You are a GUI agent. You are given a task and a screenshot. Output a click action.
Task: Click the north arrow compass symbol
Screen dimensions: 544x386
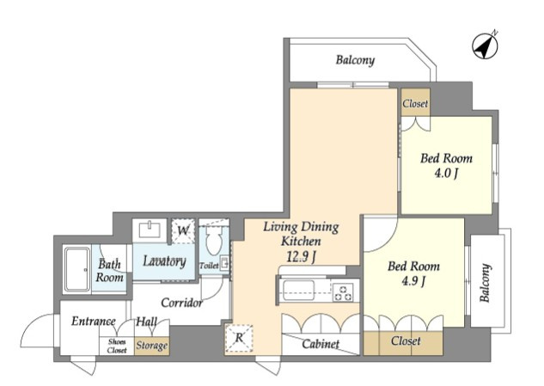485,46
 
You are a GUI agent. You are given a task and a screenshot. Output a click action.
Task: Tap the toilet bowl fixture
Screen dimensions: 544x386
214,240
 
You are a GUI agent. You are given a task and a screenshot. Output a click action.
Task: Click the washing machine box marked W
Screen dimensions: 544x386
183,231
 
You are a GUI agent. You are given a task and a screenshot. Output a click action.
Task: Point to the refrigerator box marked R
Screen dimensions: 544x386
239,339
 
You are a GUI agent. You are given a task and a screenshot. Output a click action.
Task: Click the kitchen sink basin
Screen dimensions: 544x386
299,291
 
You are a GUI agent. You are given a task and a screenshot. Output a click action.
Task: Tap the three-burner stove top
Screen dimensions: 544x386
343,292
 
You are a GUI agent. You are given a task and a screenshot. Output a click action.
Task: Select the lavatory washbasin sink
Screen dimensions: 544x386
150,230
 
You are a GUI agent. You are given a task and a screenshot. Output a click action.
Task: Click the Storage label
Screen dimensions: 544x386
151,346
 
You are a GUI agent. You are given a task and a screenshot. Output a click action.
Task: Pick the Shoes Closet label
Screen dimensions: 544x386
117,346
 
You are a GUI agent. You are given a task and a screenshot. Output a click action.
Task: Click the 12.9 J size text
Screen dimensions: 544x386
301,256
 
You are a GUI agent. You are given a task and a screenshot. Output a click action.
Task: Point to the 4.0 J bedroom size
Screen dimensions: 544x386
447,173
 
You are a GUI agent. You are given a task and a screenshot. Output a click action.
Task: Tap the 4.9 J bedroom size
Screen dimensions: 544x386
413,280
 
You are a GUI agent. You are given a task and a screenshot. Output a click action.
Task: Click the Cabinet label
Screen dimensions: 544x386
321,344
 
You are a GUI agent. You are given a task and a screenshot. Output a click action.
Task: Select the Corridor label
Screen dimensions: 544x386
182,303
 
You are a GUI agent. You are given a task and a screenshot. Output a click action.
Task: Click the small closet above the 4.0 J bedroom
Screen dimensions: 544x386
415,102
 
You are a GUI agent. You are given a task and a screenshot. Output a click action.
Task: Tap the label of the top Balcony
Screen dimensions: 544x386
355,60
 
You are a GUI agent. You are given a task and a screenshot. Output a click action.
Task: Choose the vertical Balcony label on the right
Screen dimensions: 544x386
486,283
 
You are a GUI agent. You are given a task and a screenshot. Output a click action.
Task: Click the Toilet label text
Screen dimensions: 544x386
209,266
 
